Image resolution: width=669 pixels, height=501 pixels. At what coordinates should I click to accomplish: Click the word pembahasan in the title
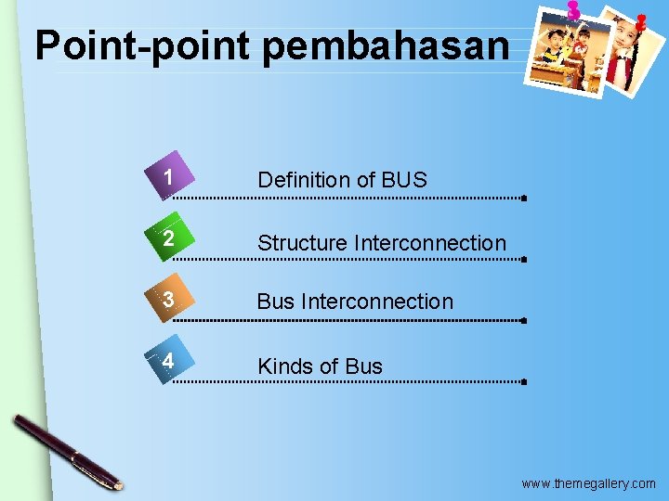coord(386,45)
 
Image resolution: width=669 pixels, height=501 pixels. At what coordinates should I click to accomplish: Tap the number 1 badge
coord(167,177)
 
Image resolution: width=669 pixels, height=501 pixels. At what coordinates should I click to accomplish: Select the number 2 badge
coord(167,239)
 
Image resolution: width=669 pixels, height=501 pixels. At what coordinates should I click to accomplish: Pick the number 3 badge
coord(167,300)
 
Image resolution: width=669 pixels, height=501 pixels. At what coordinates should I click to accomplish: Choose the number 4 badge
coord(167,361)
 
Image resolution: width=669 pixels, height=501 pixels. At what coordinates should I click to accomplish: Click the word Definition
coord(302,180)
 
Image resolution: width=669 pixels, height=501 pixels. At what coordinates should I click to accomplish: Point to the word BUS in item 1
coord(403,180)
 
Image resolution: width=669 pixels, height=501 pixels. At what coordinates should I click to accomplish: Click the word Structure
coord(302,243)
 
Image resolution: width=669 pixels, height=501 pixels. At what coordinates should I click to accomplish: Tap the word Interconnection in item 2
coord(430,243)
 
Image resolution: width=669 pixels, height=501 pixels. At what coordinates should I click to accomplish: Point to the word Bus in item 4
coord(363,366)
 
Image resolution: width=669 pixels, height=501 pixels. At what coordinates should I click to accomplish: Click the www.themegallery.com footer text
coord(588,483)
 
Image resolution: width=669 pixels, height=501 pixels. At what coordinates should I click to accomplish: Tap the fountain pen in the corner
coord(67,452)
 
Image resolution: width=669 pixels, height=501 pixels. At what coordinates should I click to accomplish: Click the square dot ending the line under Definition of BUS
coord(525,199)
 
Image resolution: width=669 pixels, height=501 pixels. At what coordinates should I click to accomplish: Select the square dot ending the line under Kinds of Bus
coord(525,381)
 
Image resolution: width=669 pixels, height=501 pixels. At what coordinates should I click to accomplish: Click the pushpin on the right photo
coord(640,19)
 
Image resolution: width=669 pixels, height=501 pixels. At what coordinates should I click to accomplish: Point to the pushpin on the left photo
coord(573,9)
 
